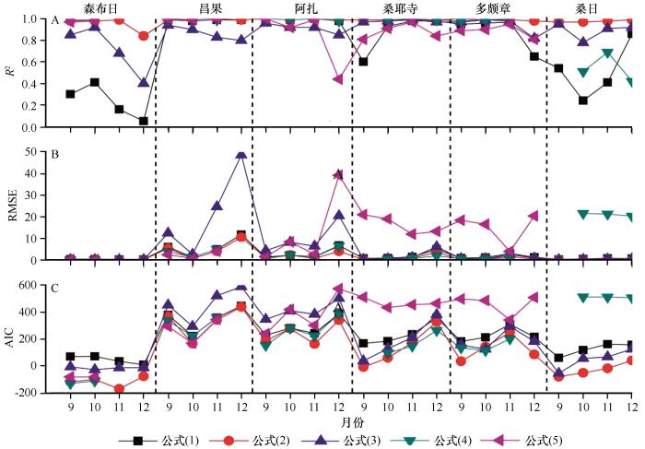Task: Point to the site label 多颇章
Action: point(495,7)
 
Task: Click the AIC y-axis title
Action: point(11,340)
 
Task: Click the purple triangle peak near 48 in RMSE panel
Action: point(241,155)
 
